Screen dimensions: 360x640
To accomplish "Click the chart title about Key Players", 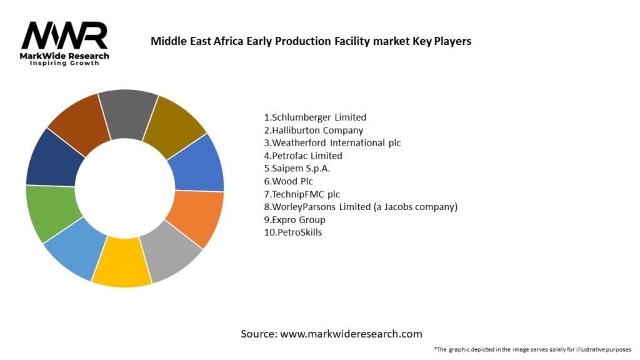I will click(311, 41).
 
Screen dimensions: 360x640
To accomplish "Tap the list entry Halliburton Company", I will click(313, 130).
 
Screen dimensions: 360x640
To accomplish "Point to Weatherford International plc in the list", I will click(332, 142).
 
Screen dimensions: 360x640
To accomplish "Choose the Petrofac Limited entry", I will click(303, 156).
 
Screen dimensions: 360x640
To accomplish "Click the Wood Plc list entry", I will click(288, 181).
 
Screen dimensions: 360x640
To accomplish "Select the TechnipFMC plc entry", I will click(302, 194).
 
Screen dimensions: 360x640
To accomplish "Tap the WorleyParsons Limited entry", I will click(361, 207).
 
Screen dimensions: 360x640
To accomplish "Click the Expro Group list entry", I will click(294, 219).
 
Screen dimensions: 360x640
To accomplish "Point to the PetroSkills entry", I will click(293, 232).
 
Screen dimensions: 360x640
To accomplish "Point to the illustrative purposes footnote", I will click(532, 349).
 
